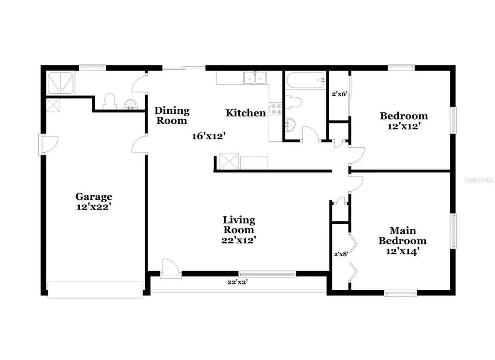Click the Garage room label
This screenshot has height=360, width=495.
click(94, 196)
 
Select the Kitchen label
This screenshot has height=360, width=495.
click(246, 113)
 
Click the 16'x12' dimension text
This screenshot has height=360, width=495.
click(209, 136)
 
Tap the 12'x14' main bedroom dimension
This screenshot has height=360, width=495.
click(402, 251)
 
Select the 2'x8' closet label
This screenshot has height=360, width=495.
click(341, 253)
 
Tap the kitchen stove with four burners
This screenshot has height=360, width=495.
click(276, 109)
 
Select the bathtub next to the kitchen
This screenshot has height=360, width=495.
click(305, 80)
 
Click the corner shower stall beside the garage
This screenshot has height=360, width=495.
click(60, 83)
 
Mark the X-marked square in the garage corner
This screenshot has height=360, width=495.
click(53, 105)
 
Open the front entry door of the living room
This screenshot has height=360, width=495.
click(171, 269)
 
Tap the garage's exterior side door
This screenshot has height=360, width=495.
click(48, 144)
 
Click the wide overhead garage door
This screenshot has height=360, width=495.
click(95, 289)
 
